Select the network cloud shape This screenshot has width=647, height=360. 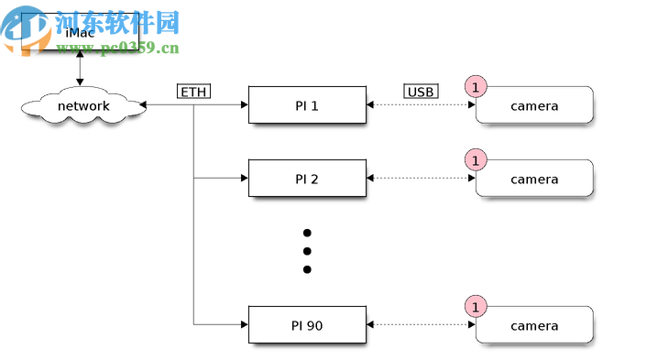click(x=83, y=106)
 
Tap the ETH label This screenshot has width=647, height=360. click(x=193, y=92)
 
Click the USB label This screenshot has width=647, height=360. click(x=421, y=92)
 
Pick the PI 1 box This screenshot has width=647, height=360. click(x=307, y=105)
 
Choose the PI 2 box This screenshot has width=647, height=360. click(x=307, y=179)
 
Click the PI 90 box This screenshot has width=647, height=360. click(x=307, y=325)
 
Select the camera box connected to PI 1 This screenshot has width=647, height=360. click(x=534, y=106)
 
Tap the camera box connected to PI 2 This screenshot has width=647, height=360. click(x=534, y=180)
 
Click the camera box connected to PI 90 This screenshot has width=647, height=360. click(x=534, y=326)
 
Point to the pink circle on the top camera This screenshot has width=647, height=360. click(x=476, y=87)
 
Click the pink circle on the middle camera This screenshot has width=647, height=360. click(x=476, y=160)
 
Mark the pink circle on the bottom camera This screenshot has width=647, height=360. click(x=476, y=307)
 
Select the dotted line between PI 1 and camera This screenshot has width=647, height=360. click(x=421, y=105)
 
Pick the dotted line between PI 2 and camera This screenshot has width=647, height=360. click(x=421, y=179)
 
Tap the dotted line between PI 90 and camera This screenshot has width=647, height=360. click(x=421, y=325)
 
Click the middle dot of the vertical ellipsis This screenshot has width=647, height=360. click(x=307, y=251)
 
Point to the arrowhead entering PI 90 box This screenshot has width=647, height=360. click(x=244, y=325)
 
